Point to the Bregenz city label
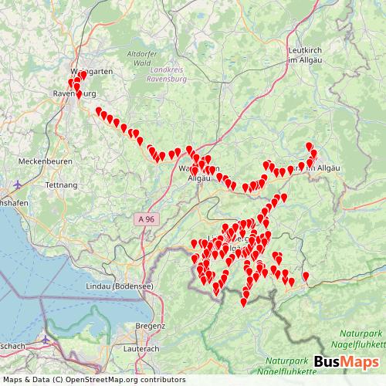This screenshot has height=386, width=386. pyautogui.click(x=150, y=327)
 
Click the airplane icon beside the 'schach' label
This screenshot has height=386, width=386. pyautogui.click(x=46, y=340)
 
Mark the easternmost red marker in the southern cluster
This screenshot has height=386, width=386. pyautogui.click(x=306, y=276)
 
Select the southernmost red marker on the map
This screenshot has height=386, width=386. pyautogui.click(x=244, y=301)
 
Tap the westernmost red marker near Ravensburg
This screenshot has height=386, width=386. pyautogui.click(x=71, y=82)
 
